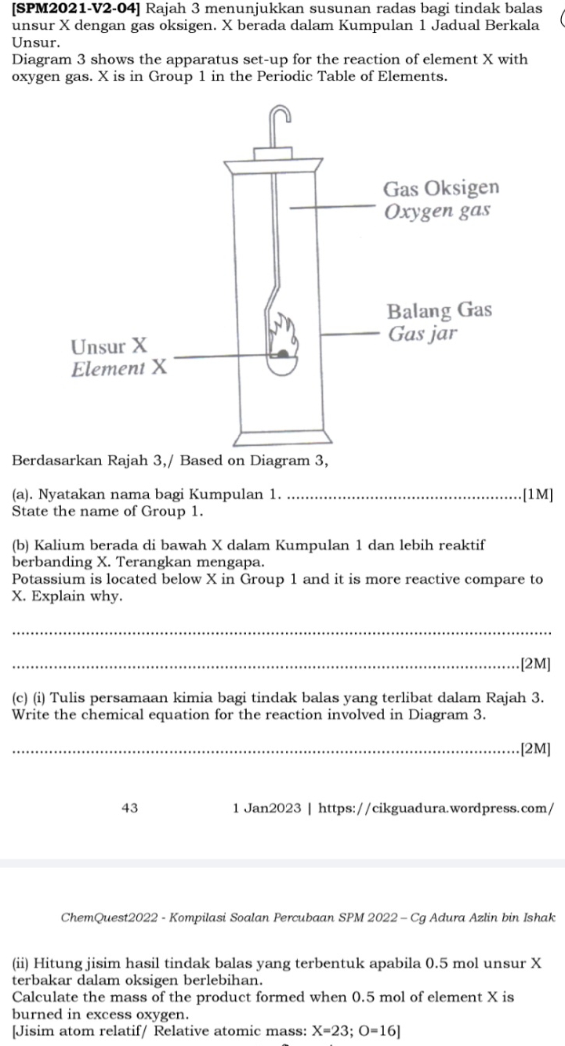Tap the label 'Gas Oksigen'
(440, 189)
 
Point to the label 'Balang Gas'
(440, 310)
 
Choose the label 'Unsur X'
(109, 346)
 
